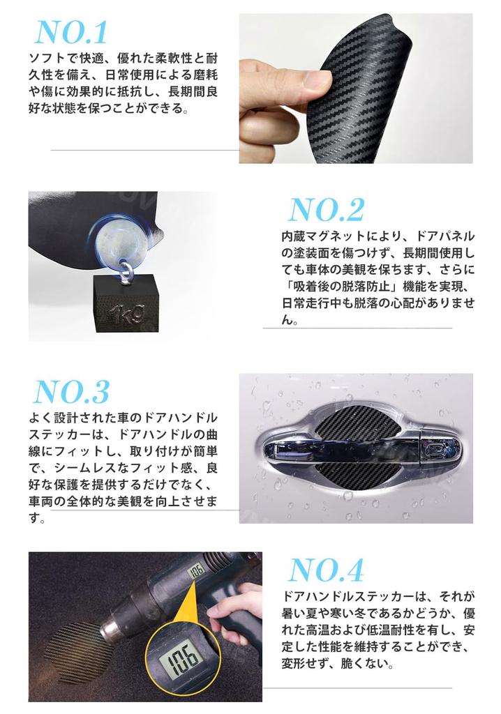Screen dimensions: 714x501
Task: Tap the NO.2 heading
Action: coord(326,210)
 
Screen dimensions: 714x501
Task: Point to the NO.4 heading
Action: coord(326,571)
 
